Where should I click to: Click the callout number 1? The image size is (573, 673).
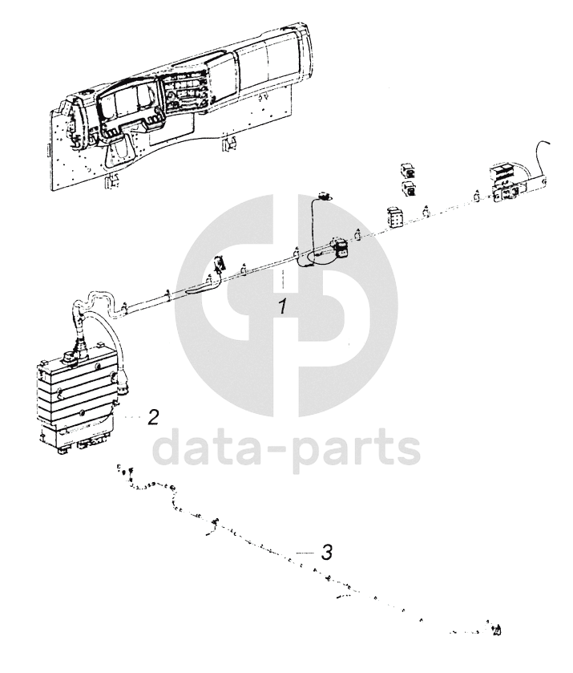pos(282,307)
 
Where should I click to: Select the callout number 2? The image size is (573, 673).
pos(153,417)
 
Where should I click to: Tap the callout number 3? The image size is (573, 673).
pos(327,552)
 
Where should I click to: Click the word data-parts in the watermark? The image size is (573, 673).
pos(287,449)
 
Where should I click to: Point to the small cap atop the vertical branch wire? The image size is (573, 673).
pos(323,197)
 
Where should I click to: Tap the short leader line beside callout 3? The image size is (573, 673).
pos(306,553)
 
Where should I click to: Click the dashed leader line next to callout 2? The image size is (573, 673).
pos(133,417)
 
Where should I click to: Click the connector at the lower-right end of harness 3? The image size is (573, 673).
pos(496,630)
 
